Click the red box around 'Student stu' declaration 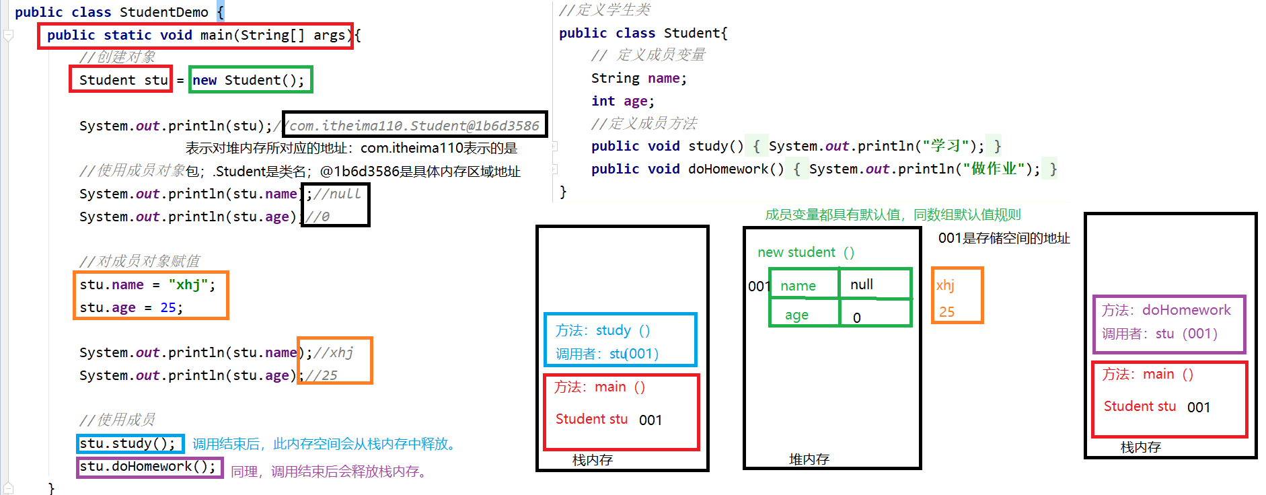point(121,79)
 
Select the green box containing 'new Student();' point(250,80)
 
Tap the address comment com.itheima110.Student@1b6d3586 point(414,125)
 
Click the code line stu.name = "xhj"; point(147,284)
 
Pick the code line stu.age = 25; point(131,307)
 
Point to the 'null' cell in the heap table point(862,284)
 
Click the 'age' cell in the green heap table point(797,315)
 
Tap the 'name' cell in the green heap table point(798,286)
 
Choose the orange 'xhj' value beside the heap point(945,285)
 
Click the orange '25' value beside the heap point(946,311)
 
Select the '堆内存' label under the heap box point(809,459)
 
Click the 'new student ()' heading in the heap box point(805,252)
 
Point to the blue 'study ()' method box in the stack point(620,340)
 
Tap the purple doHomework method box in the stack point(1169,323)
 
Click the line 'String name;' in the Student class point(639,78)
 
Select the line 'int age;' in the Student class point(622,101)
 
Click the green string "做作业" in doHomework point(994,168)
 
